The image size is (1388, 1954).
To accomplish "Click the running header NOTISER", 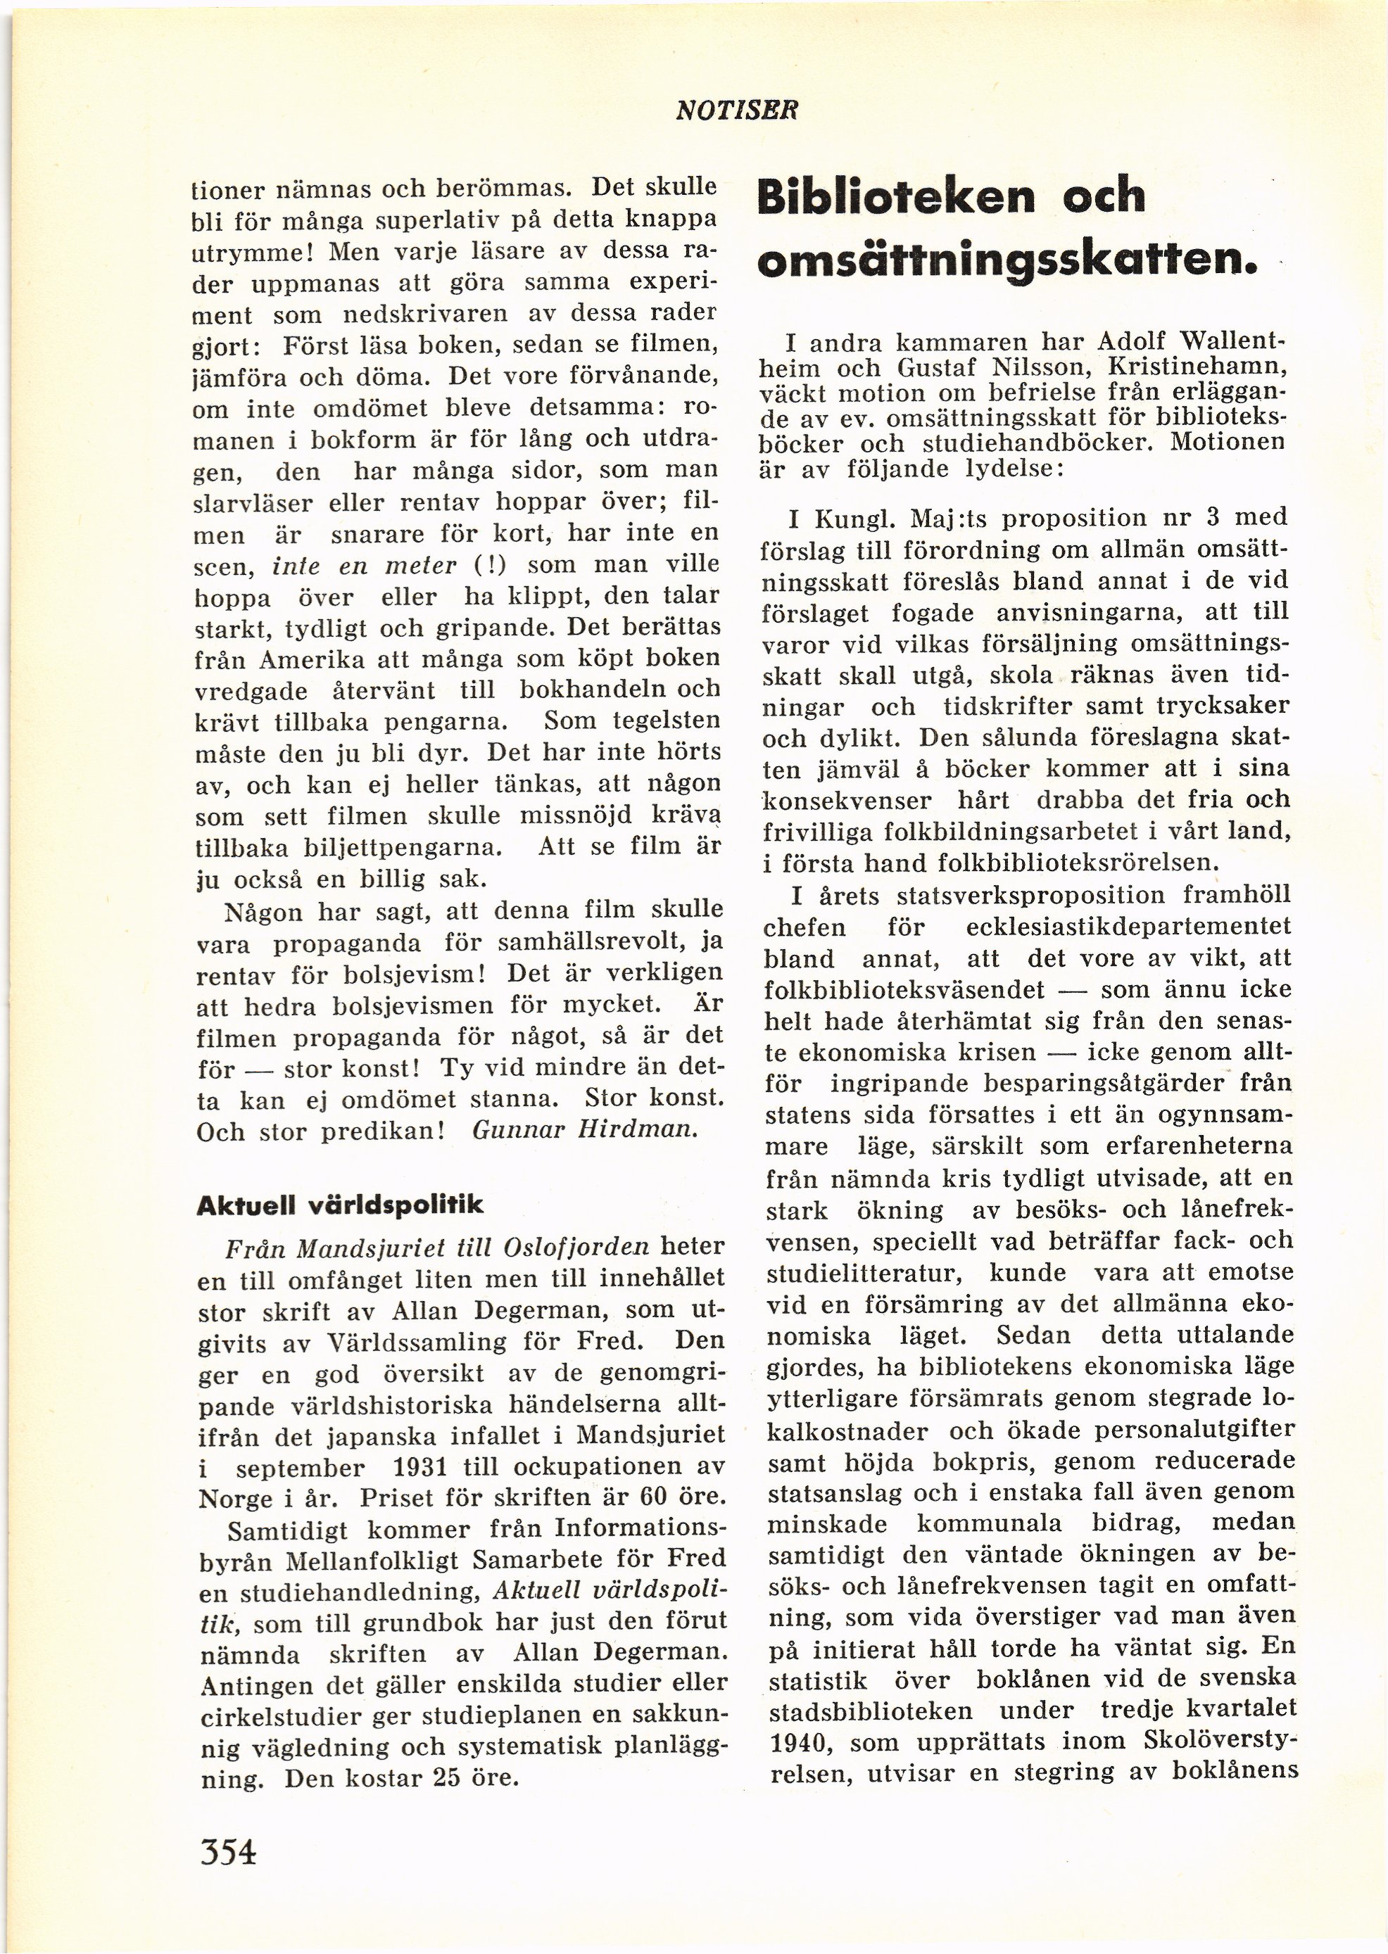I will [736, 110].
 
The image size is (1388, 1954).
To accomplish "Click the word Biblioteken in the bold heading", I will [897, 196].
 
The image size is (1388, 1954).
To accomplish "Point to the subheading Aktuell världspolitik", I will [339, 1205].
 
